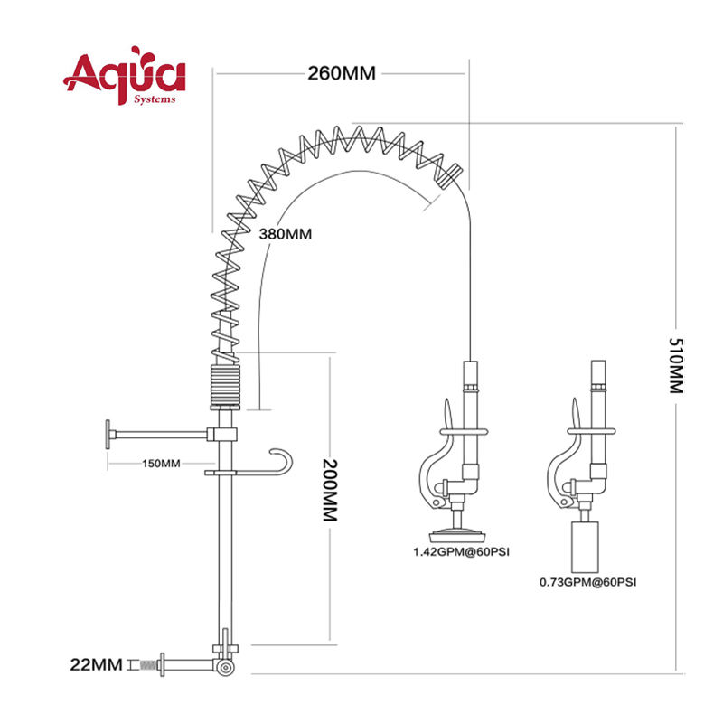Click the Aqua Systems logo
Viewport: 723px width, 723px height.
[x=125, y=75]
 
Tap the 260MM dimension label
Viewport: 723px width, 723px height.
[x=342, y=73]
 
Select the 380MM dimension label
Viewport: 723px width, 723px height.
[x=285, y=234]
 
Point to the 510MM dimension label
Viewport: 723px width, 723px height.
[x=676, y=365]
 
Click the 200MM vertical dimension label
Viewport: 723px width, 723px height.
[x=330, y=490]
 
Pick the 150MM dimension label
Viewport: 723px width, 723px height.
[x=161, y=463]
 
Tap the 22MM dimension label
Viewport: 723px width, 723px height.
[x=97, y=664]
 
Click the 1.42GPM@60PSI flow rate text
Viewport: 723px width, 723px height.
[x=461, y=551]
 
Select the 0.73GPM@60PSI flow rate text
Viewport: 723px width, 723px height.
[x=588, y=582]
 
